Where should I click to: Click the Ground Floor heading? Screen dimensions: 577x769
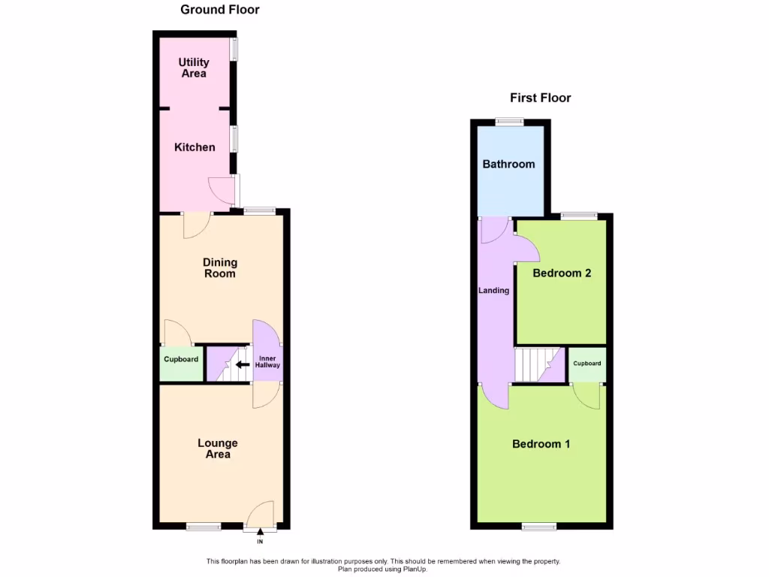220,10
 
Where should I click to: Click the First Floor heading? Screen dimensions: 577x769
540,98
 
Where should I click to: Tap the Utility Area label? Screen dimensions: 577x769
194,68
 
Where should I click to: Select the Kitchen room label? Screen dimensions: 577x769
195,147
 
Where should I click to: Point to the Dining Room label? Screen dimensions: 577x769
220,267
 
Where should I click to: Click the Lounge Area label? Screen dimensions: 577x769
218,449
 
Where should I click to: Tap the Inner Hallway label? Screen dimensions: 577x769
269,361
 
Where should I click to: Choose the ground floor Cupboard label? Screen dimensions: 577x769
181,360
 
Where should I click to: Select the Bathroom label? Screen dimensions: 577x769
508,164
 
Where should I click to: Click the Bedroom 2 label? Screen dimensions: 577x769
562,273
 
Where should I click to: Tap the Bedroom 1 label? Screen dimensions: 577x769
541,444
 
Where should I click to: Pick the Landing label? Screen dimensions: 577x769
494,291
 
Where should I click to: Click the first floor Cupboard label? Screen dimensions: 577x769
587,364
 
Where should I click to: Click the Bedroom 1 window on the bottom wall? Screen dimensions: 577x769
539,527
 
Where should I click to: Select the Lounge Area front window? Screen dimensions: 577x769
203,527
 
